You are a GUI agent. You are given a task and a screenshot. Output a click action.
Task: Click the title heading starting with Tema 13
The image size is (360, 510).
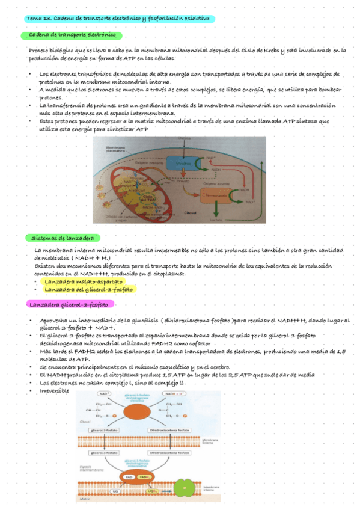[117, 19]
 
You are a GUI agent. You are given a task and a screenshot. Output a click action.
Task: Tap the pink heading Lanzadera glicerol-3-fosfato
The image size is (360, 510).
[72, 304]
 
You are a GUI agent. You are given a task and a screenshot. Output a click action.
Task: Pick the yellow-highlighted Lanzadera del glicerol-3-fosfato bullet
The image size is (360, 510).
[89, 289]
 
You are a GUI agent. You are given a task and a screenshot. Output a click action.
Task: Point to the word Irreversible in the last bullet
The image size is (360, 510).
[54, 392]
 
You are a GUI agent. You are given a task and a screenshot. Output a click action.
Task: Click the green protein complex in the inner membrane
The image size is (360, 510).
[185, 488]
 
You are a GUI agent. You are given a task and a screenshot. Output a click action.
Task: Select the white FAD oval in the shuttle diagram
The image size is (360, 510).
[129, 476]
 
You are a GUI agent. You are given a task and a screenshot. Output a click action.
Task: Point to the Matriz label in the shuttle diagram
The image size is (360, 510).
[85, 499]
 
